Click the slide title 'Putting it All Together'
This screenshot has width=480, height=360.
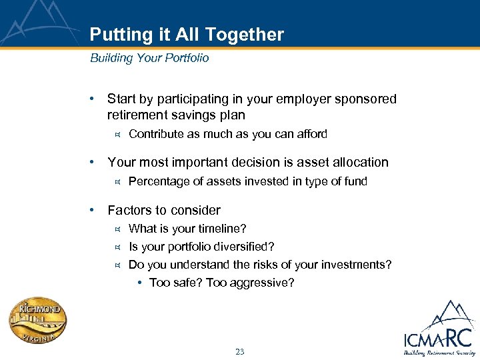click(x=187, y=35)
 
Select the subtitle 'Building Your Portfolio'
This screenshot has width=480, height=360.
click(x=149, y=58)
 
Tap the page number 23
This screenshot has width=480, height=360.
click(x=240, y=351)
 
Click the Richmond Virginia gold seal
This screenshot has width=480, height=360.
click(x=39, y=321)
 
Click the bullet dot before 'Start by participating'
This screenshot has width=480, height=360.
click(x=93, y=99)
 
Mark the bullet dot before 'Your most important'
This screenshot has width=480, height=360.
click(x=93, y=162)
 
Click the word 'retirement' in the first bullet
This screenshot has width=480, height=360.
click(x=136, y=115)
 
